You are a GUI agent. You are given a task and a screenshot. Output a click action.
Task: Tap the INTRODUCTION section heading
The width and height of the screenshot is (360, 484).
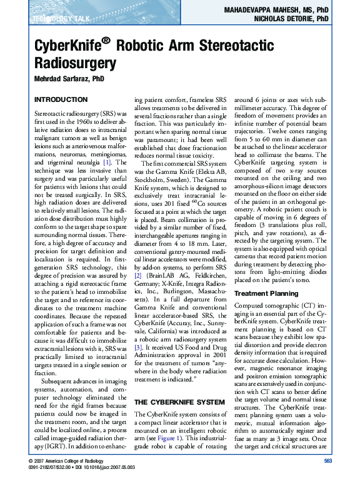tap(60, 100)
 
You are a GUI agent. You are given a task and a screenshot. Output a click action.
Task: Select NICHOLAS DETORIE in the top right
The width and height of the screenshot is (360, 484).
tap(281, 19)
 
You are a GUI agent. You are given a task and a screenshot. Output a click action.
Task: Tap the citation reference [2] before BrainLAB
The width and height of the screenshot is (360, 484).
tap(139, 275)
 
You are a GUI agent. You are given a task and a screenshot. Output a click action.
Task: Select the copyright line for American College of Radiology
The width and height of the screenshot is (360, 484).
tap(69, 461)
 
